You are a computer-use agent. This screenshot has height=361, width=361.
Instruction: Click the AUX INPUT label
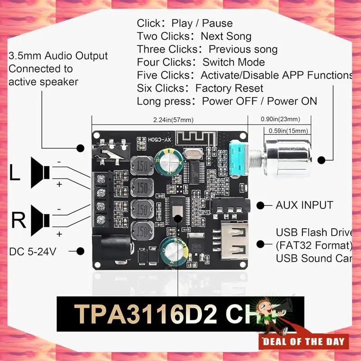click(x=304, y=205)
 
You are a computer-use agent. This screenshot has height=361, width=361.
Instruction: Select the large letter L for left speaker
click(x=15, y=173)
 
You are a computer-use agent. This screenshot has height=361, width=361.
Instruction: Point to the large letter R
click(x=19, y=221)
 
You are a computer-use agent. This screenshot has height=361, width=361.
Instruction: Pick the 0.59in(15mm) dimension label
click(x=288, y=131)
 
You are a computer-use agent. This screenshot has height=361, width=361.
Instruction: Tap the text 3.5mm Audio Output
click(x=58, y=56)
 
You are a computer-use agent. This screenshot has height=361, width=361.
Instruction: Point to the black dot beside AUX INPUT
click(x=261, y=205)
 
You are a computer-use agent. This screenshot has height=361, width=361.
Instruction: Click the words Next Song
click(x=226, y=36)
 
